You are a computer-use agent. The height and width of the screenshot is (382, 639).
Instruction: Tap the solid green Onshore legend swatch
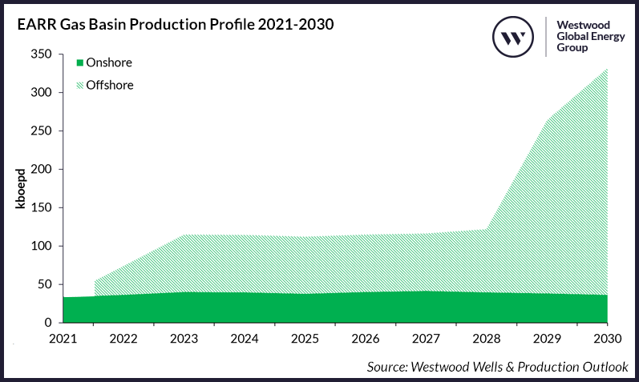pos(79,62)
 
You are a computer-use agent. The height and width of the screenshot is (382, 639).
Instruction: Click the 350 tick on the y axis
pos(42,54)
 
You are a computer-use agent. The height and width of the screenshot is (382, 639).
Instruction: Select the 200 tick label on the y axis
pos(42,169)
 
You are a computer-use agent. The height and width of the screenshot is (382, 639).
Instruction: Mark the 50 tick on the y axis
pos(45,284)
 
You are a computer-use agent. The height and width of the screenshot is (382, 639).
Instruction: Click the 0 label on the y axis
pos(49,323)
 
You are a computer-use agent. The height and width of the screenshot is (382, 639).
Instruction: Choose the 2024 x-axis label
pos(245,338)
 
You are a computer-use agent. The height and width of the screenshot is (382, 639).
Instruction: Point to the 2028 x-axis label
pos(486,338)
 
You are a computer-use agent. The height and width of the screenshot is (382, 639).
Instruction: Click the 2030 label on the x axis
pos(606,338)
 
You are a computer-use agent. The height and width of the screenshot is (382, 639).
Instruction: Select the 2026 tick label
pos(366,338)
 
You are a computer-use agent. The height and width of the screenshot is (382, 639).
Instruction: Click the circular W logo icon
pos(513,36)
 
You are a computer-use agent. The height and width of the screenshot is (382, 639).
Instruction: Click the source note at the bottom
pos(497,367)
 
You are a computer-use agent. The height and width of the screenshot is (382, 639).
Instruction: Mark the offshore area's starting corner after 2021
pos(95,281)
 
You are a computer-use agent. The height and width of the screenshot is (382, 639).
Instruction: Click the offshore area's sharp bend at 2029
pos(547,122)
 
